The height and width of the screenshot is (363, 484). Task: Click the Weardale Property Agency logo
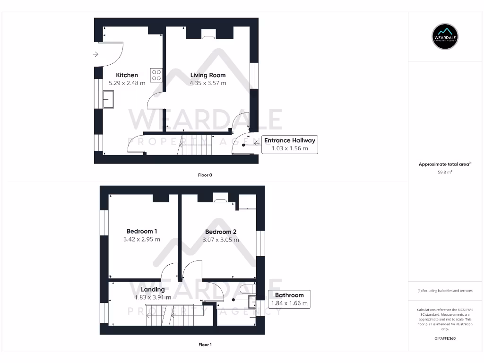tap(445, 36)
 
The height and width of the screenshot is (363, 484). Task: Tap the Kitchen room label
tap(127, 75)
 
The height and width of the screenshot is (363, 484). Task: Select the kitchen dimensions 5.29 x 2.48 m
tap(127, 83)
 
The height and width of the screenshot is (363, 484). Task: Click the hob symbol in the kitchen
tap(156, 75)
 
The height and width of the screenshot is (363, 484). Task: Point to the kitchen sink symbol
tap(108, 100)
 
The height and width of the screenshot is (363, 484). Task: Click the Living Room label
tap(208, 75)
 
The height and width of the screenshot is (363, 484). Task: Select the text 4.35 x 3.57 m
tap(208, 83)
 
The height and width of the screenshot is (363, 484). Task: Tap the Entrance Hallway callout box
tap(289, 144)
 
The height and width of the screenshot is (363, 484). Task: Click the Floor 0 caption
tap(205, 175)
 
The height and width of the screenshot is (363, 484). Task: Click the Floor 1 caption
tap(205, 345)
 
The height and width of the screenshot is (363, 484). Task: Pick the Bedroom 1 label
tap(142, 231)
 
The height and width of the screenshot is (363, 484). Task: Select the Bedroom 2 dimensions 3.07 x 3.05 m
tap(221, 240)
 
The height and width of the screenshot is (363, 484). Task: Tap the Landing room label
tap(153, 289)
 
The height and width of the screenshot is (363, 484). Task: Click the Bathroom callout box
tap(289, 299)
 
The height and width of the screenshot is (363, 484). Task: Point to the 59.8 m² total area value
tap(445, 173)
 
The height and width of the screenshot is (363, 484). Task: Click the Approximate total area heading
tap(445, 164)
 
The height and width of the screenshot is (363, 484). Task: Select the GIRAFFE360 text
tap(445, 338)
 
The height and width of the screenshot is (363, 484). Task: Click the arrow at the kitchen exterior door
tap(96, 54)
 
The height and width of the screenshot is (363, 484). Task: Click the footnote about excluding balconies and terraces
tap(445, 291)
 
